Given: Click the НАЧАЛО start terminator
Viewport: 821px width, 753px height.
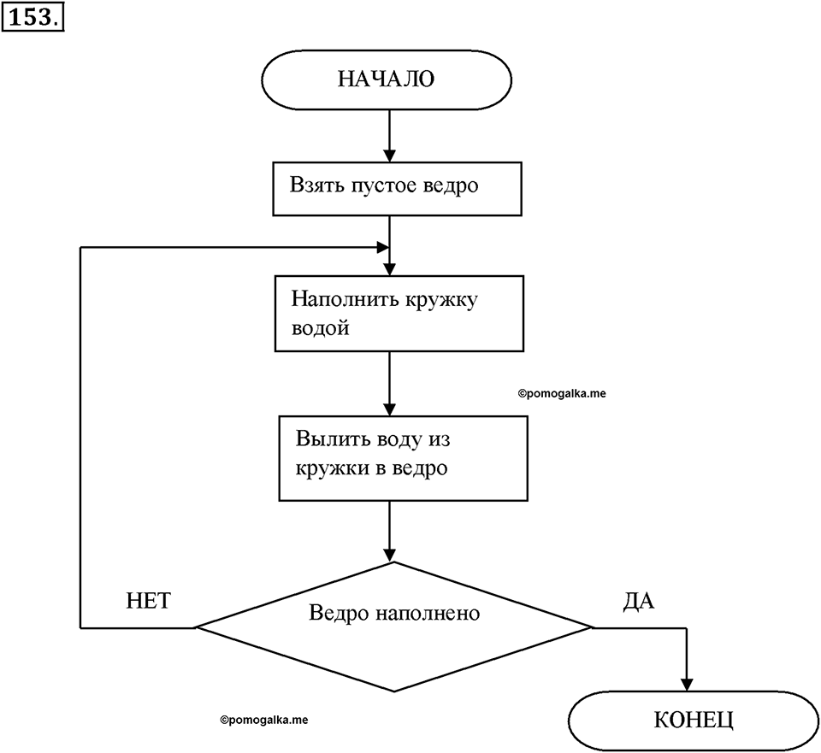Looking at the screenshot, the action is pos(387,79).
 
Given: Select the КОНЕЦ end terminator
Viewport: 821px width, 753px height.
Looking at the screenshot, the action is pos(694,721).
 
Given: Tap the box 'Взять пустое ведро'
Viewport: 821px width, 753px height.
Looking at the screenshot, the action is pos(397,188).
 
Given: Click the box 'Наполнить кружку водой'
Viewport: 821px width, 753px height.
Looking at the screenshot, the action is pos(399,313).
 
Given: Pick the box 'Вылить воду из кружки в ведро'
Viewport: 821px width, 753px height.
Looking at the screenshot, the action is pos(403,458).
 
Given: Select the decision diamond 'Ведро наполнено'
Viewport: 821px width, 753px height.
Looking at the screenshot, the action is pos(393,627).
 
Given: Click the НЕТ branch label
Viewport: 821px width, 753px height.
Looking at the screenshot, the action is pos(148,601).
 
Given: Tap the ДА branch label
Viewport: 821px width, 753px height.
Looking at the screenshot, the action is pos(639,601).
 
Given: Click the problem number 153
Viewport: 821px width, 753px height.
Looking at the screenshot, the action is pos(32,18).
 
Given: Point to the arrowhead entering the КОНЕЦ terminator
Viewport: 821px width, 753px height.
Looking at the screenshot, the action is pos(687,685).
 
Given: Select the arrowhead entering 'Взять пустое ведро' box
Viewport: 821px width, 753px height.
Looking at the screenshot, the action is pos(389,156).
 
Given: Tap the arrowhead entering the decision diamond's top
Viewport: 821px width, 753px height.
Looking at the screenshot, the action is pos(389,555).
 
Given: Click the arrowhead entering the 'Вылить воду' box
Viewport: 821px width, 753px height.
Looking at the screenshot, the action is pos(389,409).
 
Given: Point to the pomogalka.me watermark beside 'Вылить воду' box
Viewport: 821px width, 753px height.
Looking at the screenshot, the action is pos(562,393).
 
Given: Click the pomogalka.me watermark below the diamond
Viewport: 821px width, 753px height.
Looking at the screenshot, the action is pos(264,720).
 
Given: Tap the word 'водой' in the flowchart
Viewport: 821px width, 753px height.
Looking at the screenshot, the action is pos(321,328).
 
